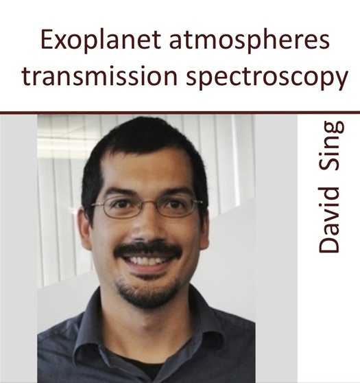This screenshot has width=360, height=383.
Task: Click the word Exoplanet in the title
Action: click(101, 40)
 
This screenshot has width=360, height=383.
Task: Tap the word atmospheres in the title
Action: click(250, 40)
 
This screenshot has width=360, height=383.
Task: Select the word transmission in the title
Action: click(99, 76)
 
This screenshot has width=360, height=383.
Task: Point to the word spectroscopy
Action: click(267, 78)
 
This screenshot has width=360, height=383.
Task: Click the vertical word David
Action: click(329, 220)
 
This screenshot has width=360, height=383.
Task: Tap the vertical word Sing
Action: click(332, 146)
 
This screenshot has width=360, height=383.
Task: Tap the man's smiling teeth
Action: click(147, 260)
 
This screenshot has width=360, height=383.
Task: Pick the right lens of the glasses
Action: click(176, 207)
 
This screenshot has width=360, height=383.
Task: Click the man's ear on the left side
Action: click(85, 229)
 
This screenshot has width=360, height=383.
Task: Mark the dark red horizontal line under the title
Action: click(180, 113)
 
